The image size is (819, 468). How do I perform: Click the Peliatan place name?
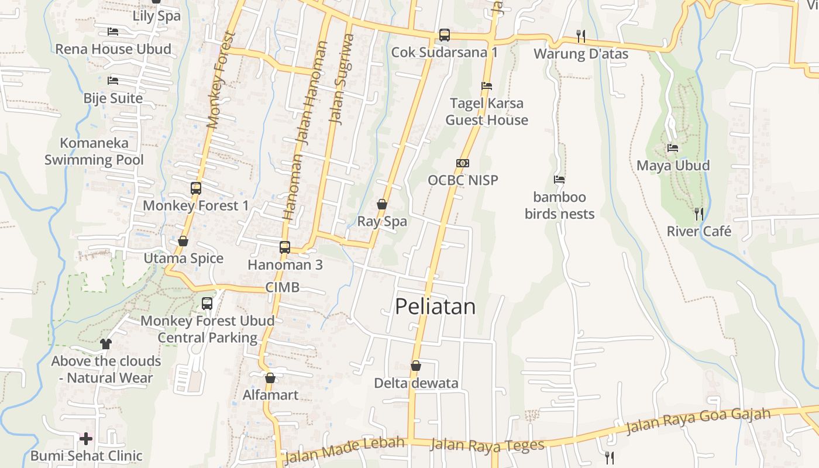tap(435, 307)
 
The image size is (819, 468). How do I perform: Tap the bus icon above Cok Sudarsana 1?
tap(445, 35)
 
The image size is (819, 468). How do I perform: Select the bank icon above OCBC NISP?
tap(463, 163)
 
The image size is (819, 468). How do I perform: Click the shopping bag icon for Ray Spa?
tap(382, 204)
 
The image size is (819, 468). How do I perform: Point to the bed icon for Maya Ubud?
tap(673, 148)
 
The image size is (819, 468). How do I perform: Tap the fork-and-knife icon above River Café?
tap(698, 214)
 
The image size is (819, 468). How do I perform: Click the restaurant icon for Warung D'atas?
tap(580, 36)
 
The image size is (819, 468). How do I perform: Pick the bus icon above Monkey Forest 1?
tap(196, 188)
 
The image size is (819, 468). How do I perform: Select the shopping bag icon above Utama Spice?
tap(183, 241)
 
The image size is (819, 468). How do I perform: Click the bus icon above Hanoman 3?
tap(285, 247)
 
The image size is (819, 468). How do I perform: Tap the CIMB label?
tap(282, 287)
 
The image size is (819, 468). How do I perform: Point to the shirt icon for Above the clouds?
tap(106, 343)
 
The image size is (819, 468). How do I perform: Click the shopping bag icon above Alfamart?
tap(270, 378)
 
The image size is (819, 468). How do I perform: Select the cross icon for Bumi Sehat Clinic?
tap(86, 438)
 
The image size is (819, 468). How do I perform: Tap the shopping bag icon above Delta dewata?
tap(416, 366)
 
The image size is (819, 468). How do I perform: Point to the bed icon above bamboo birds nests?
tap(559, 180)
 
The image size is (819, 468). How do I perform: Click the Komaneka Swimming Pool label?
tap(94, 151)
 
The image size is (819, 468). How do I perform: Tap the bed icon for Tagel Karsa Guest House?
tap(486, 86)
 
